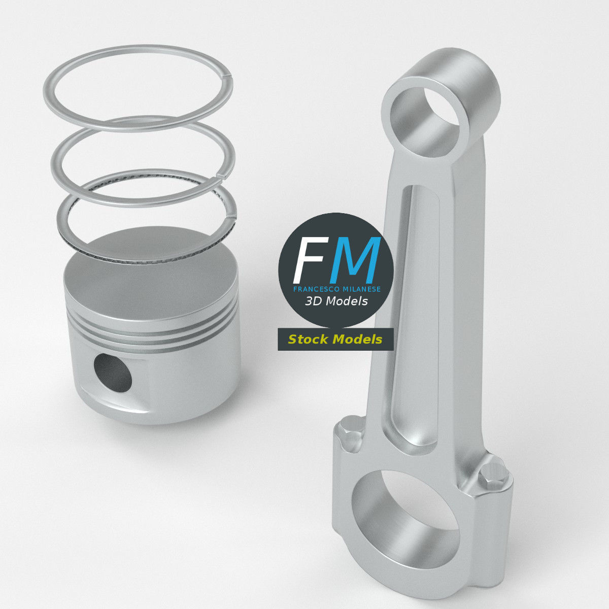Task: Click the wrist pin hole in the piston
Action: [113, 373]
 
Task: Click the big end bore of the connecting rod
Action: [406, 518]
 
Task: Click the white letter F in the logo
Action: [308, 259]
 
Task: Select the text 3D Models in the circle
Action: [336, 301]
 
